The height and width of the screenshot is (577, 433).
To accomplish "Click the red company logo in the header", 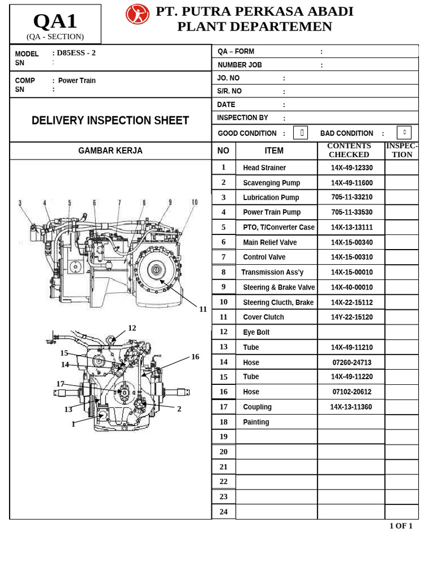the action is click(138, 14).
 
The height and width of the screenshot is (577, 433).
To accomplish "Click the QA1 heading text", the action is click(55, 21).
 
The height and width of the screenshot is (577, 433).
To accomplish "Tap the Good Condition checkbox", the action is click(302, 133).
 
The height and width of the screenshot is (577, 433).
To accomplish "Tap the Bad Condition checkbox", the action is click(404, 133).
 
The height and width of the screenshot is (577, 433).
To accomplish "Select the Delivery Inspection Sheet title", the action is click(111, 121).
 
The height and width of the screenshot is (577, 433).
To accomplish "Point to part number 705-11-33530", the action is click(351, 212).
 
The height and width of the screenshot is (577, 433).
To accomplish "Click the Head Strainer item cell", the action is click(264, 168).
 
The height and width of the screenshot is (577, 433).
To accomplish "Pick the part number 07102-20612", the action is click(351, 392).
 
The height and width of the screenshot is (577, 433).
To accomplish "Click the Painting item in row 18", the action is click(256, 422).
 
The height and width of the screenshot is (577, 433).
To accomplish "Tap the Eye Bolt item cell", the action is click(256, 332).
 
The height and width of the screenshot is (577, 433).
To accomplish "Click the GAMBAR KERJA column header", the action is click(111, 151).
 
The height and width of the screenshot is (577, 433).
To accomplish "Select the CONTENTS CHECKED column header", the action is click(349, 150).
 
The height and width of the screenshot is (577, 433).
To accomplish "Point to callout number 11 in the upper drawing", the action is click(203, 309).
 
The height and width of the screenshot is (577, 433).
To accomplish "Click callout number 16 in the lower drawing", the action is click(195, 357).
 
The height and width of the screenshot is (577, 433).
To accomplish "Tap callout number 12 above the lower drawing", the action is click(132, 328).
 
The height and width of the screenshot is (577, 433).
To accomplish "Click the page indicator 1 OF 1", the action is click(401, 526).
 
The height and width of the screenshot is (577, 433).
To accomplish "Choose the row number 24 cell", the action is click(223, 512).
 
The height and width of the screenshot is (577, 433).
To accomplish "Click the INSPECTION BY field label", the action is click(242, 118).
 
